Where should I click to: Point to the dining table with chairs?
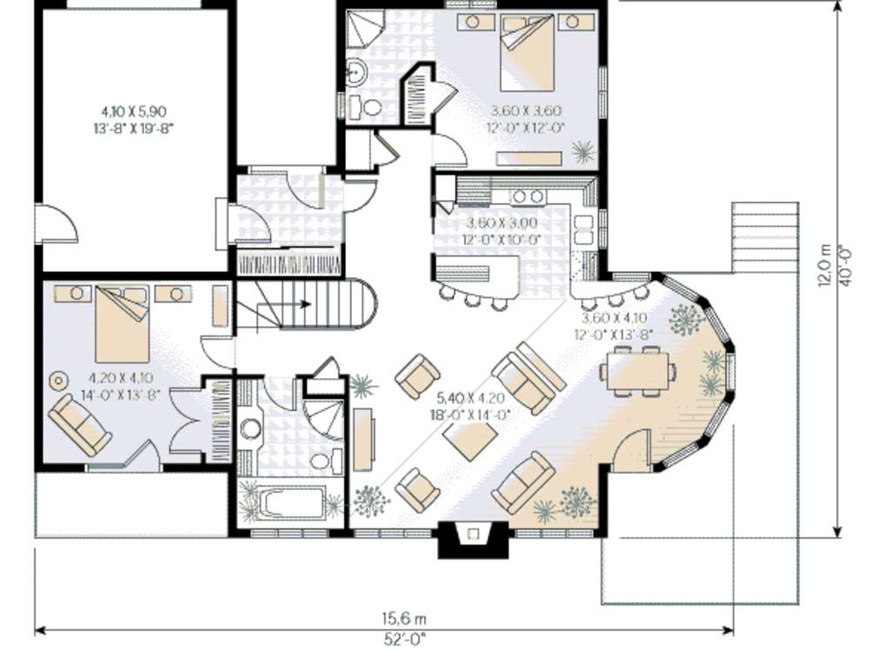point(637,370)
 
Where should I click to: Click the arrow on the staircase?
point(304,304)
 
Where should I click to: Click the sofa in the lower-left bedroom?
point(79,423)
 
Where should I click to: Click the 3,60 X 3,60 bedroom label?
point(526,118)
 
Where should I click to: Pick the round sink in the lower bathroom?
point(251,428)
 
